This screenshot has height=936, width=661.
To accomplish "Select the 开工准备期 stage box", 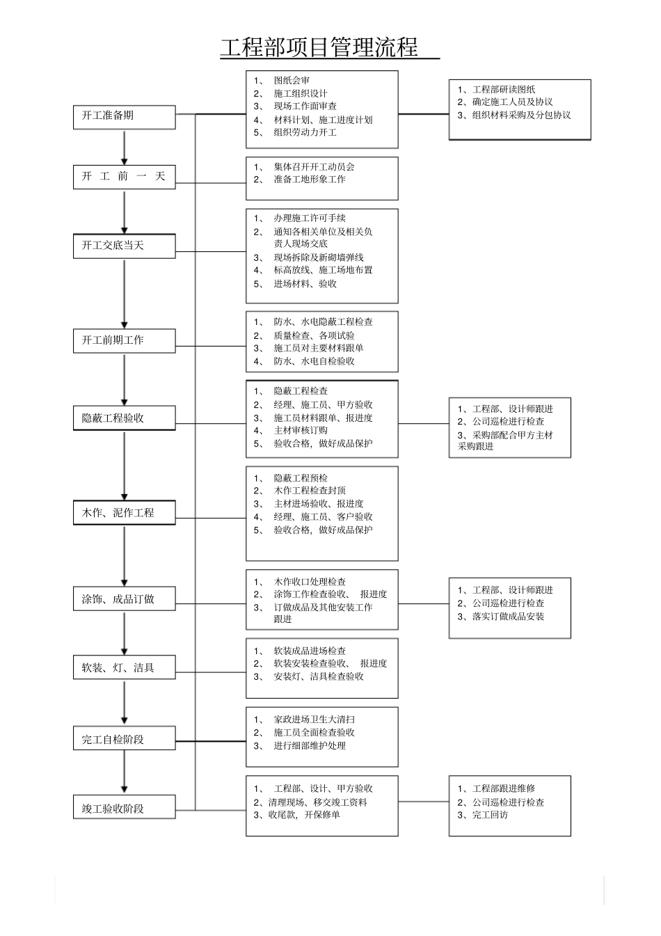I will click(124, 116).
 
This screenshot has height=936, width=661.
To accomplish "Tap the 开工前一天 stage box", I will click(124, 176).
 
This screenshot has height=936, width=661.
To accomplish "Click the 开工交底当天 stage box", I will click(124, 246).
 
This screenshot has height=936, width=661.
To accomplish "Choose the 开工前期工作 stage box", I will click(124, 340).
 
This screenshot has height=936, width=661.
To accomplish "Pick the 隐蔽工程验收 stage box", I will click(124, 418).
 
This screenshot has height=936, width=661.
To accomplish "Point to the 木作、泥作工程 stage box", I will click(124, 513).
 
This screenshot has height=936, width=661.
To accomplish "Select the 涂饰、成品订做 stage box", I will click(124, 599).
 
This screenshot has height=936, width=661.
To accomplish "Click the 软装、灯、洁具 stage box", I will click(124, 668).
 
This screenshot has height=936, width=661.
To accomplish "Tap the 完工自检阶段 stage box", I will click(124, 739).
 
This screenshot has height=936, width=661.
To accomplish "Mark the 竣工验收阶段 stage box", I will click(124, 809).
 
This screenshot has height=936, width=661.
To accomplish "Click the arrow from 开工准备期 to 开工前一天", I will click(125, 147).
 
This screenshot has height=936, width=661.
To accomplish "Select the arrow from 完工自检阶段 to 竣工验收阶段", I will click(125, 772).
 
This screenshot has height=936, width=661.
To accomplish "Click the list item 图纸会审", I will click(292, 81).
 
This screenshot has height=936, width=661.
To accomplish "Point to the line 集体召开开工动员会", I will click(314, 167).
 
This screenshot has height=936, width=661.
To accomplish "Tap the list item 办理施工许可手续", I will click(309, 219).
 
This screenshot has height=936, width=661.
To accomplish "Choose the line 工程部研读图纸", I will click(504, 90).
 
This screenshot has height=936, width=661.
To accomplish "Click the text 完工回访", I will click(490, 815).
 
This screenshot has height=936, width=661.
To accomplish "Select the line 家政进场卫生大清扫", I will click(314, 720).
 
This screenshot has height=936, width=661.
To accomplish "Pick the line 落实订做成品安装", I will click(508, 617).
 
